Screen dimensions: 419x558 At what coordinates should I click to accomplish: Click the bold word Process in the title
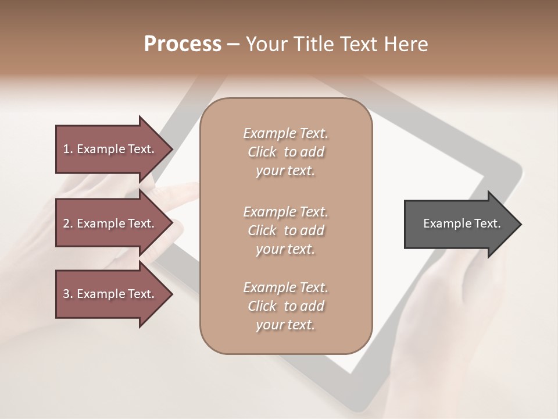tap(183, 44)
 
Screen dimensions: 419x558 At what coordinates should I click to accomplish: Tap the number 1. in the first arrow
tap(68, 149)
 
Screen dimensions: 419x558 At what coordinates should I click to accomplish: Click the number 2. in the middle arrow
tap(68, 223)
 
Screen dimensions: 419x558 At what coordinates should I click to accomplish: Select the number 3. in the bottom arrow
tap(68, 294)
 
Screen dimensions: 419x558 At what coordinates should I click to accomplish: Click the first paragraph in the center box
tap(285, 152)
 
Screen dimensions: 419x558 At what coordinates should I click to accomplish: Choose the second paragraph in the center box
tap(285, 230)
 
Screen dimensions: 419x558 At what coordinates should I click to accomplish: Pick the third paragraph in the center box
tap(285, 306)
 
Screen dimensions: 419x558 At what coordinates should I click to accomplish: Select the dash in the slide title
tap(233, 44)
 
